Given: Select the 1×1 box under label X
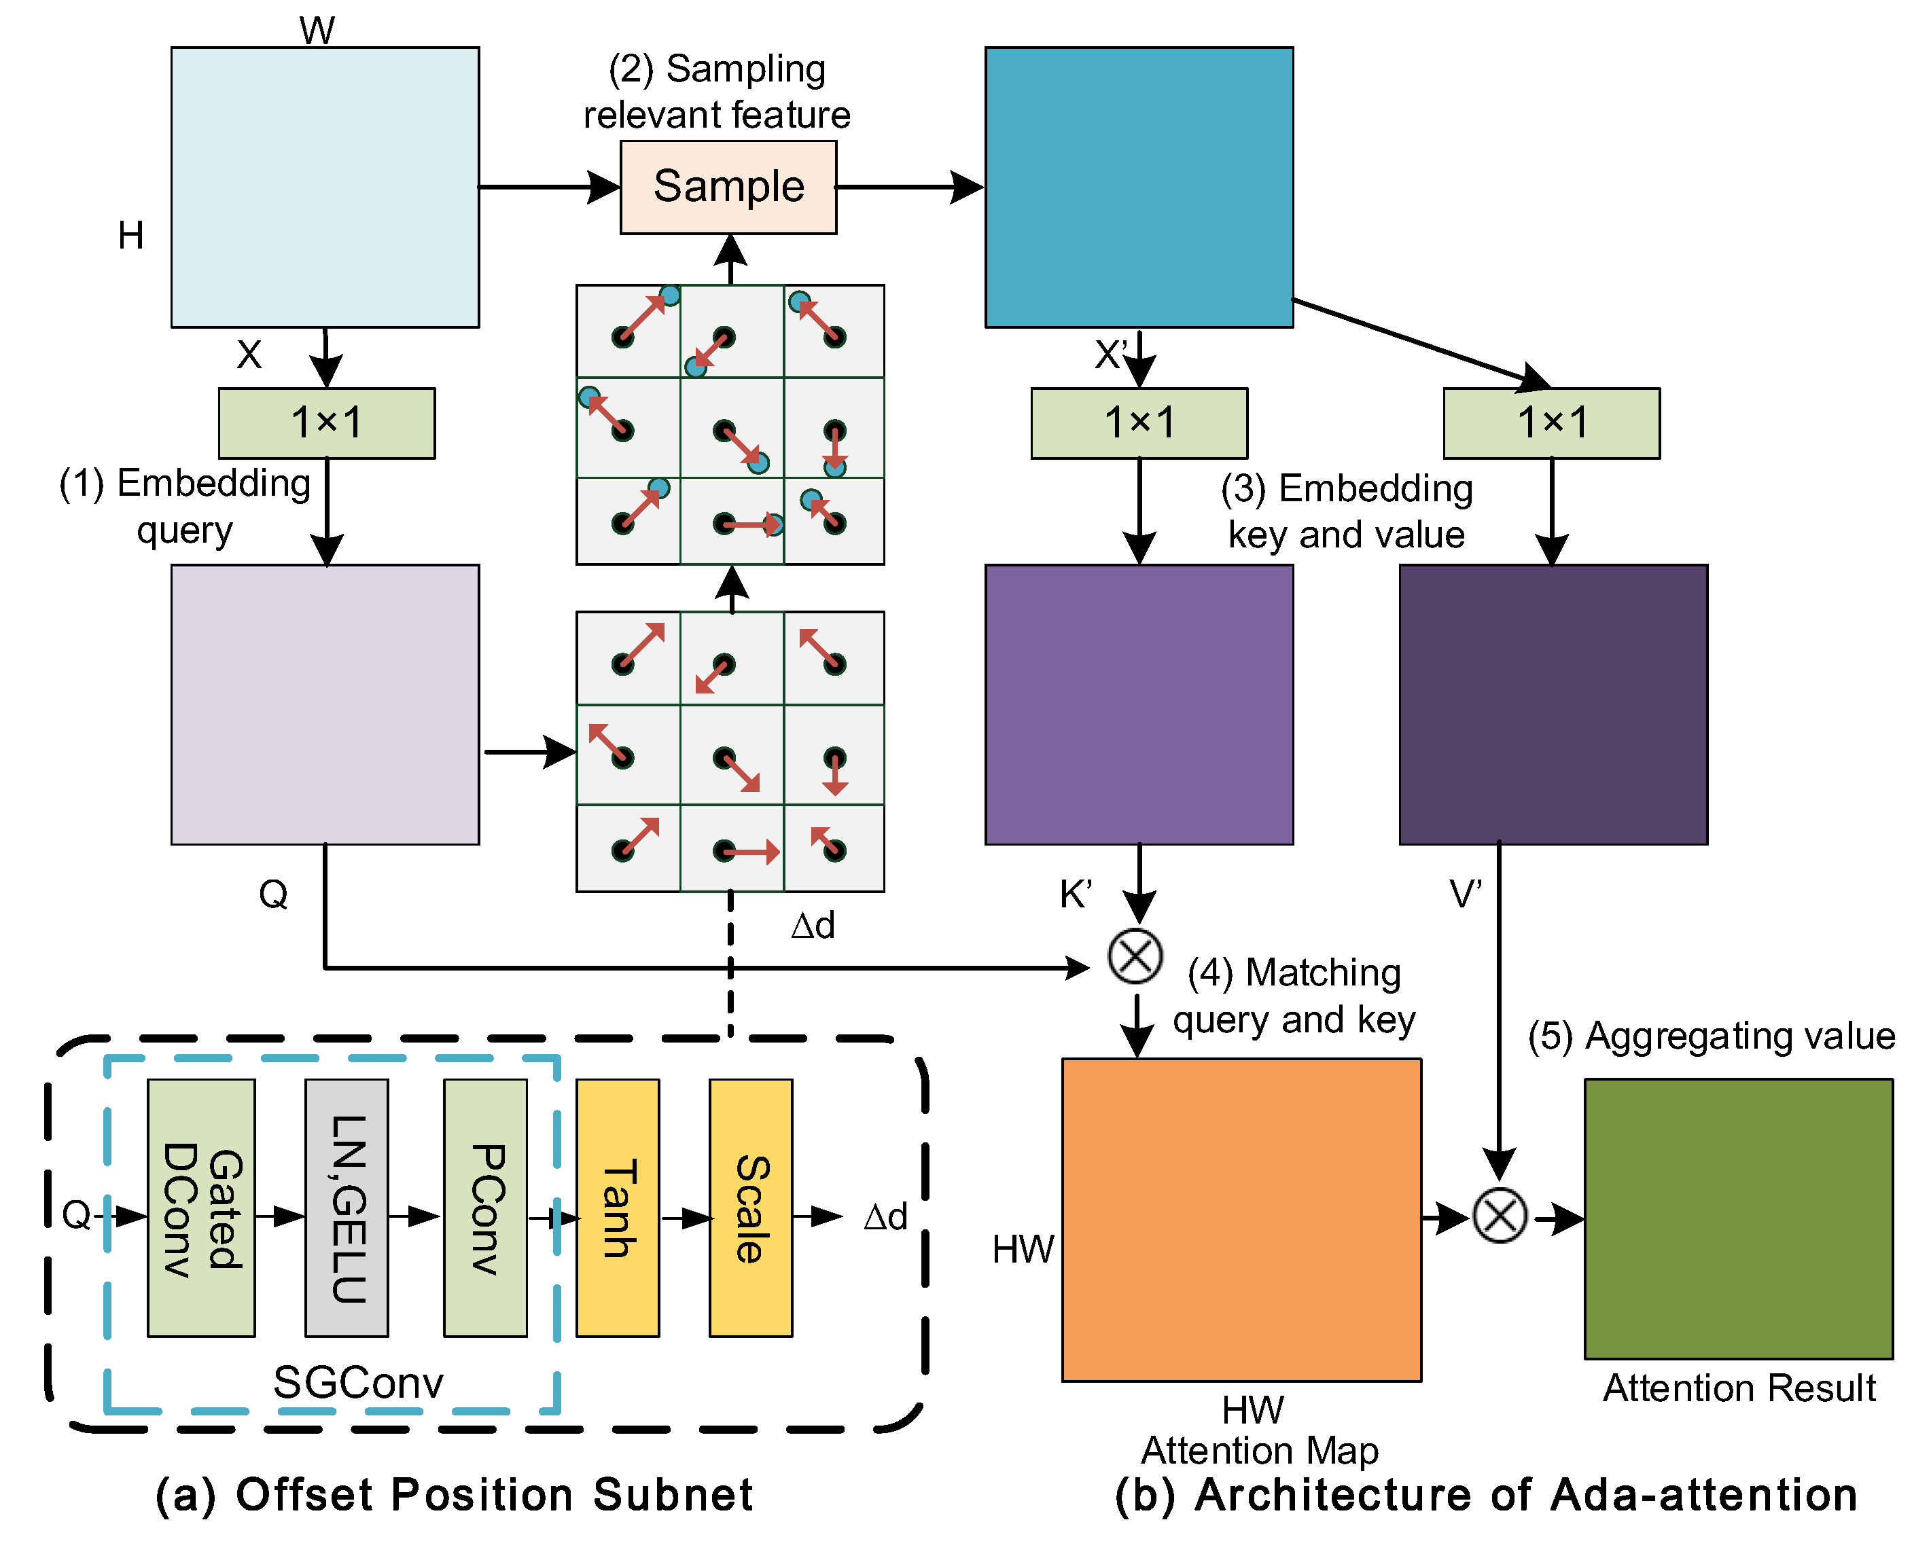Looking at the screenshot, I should coord(326,423).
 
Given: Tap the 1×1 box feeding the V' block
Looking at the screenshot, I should coord(1551,423).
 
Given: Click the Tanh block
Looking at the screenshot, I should coord(618,1208).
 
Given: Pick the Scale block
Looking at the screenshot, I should coord(750,1208).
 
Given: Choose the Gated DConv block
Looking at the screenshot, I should coord(201,1208).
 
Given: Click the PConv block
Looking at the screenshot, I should coord(485,1208).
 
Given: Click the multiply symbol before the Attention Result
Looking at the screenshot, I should coord(1500,1216).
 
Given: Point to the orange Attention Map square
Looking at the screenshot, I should coord(1241,1219).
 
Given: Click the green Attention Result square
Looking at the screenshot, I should coord(1737,1219).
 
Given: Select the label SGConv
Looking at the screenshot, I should coord(357,1382).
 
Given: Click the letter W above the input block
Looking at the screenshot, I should coord(317,30).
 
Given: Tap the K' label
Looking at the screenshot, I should coord(1075,894).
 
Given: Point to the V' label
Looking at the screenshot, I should coord(1465,894).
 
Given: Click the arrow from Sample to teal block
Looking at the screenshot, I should coord(910,187).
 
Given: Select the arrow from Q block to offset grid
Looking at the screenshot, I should coord(529,751).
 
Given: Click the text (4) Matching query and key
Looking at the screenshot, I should coord(1294,996).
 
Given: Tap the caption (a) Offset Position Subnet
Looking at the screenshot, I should coord(454,1494).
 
